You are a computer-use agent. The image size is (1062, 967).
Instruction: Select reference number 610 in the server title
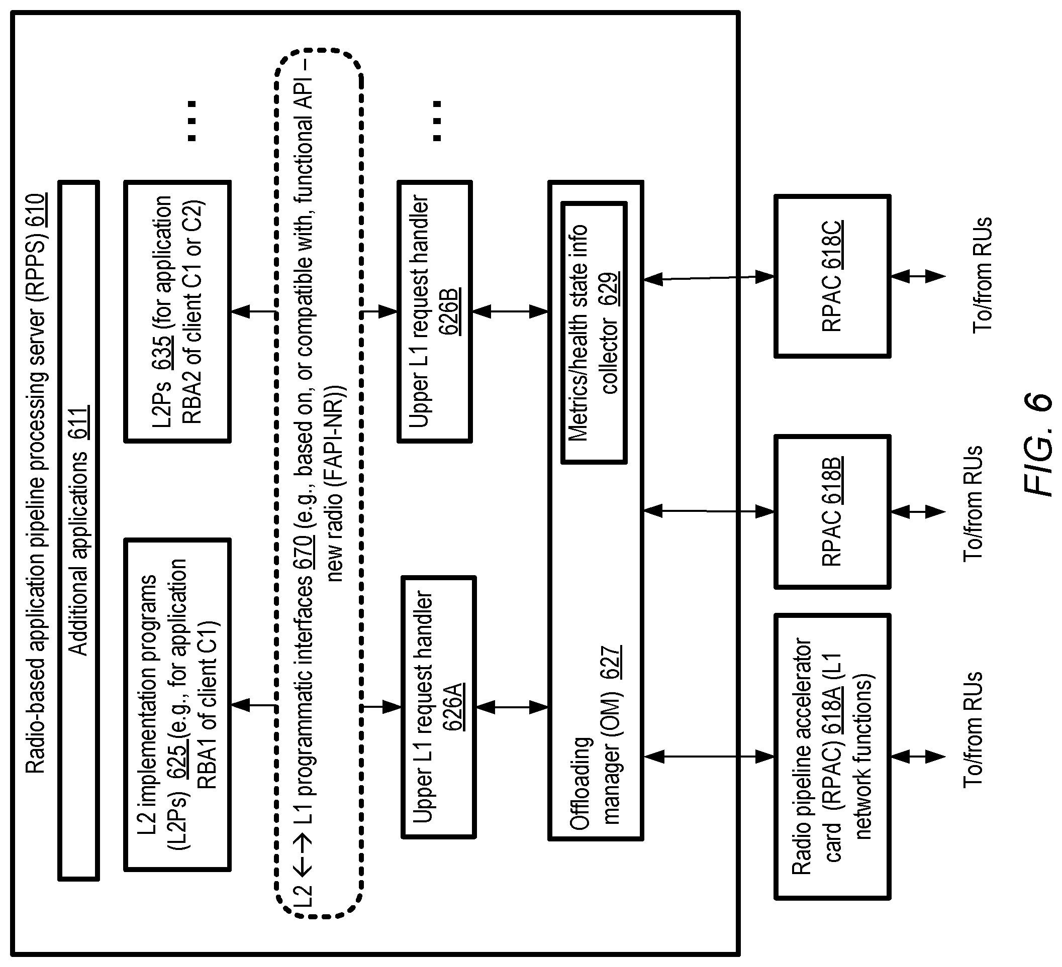pos(37,210)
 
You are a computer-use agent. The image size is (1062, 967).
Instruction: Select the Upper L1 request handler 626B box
pos(435,311)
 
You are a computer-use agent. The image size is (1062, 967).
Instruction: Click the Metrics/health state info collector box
pos(594,333)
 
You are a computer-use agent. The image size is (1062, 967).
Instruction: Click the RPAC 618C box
pos(832,276)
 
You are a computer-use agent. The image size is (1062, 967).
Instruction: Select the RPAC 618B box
pos(832,511)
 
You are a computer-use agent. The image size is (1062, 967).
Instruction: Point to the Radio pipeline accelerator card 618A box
pos(832,757)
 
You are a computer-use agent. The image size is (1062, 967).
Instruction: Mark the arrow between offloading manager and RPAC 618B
pos(709,510)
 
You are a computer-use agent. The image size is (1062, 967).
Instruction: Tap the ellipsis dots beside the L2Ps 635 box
pos(192,121)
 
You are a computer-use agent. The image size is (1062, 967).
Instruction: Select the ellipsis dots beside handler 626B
pos(437,121)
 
